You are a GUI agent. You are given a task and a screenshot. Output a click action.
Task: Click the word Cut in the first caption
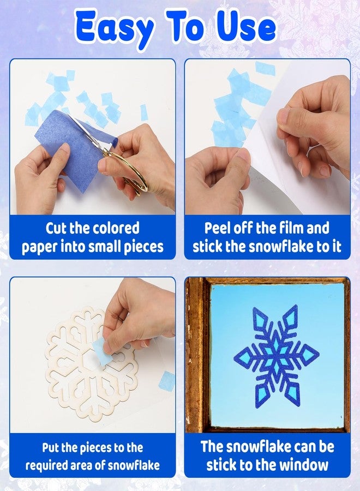click(56, 228)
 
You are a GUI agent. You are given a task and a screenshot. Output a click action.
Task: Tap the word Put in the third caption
click(50, 448)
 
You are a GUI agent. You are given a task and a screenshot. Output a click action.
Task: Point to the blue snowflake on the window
click(276, 356)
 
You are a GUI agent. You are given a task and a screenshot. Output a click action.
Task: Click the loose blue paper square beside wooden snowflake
click(167, 381)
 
